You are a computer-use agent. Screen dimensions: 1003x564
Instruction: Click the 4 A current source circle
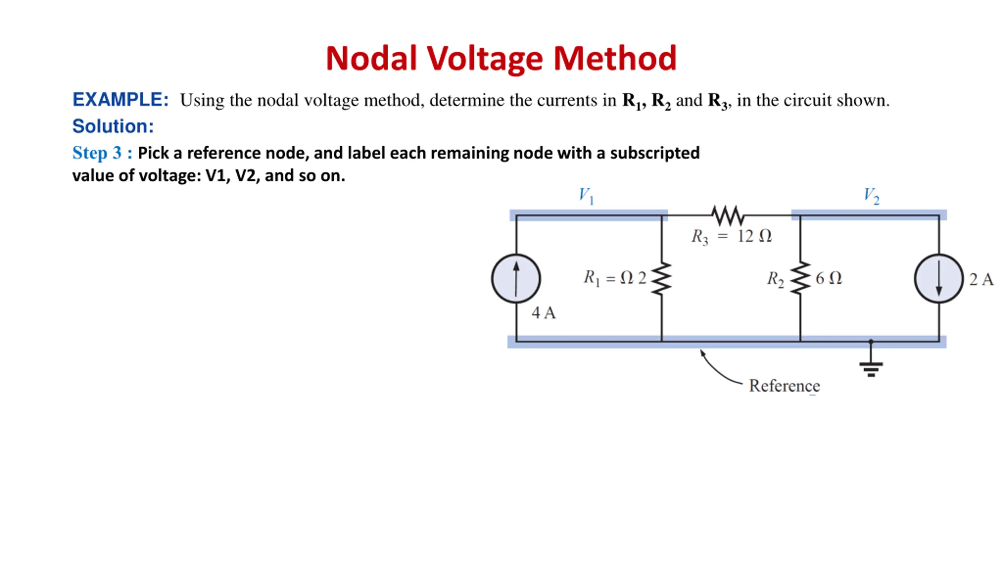point(516,278)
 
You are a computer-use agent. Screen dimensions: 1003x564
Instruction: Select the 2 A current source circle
point(939,278)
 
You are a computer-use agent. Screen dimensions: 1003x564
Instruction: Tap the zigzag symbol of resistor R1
point(661,278)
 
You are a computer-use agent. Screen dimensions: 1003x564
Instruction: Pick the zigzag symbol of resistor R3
point(728,216)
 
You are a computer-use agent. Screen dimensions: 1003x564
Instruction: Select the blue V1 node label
point(587,196)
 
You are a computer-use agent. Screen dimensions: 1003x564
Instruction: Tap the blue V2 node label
point(872,196)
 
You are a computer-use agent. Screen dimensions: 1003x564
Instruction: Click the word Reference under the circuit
point(784,386)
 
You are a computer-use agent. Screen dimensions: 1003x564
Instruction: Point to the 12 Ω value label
point(755,236)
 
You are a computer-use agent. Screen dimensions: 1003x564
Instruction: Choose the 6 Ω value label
point(829,278)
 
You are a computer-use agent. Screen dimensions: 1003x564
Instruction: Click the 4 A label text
point(544,313)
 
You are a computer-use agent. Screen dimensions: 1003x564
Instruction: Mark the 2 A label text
point(981,279)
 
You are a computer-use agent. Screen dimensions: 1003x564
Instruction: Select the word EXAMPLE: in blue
point(120,99)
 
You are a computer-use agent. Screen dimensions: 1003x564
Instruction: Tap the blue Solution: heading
point(113,126)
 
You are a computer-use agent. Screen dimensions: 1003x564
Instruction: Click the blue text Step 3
point(97,153)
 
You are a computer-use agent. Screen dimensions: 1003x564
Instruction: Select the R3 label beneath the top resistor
point(700,237)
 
